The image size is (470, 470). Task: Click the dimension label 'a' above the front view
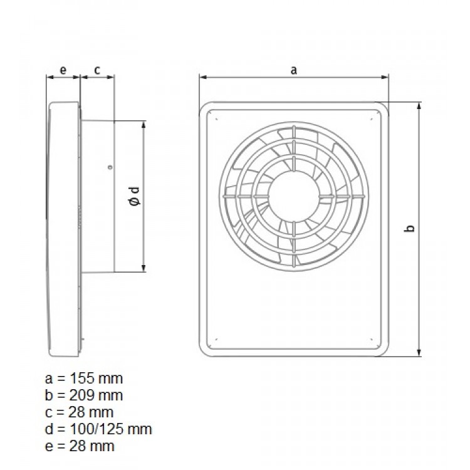point(293,70)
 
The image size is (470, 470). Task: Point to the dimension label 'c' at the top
point(97,70)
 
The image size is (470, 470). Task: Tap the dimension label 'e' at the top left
point(63,70)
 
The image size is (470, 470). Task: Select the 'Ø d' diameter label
point(133,196)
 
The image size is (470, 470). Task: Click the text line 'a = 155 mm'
point(85,379)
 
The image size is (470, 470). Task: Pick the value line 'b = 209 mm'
point(85,395)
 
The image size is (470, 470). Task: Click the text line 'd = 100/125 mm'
point(98,429)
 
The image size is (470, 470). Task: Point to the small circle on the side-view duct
point(110,167)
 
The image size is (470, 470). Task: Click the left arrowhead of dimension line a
point(202,78)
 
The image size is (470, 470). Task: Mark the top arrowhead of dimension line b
point(419,105)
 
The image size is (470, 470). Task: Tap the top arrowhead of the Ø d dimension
point(145,124)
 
